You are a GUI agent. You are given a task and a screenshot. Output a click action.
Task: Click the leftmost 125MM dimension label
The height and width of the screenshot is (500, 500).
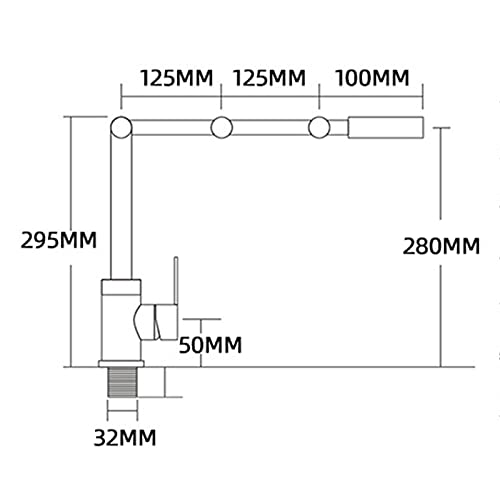point(176,78)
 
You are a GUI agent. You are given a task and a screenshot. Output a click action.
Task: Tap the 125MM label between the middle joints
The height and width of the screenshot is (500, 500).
point(269,78)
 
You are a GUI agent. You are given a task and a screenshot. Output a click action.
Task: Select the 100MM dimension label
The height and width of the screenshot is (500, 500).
point(372,78)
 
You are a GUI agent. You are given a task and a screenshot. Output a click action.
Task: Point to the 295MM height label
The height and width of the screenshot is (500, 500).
point(59,240)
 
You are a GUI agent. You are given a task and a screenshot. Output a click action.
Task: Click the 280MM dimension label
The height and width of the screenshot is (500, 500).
point(441,246)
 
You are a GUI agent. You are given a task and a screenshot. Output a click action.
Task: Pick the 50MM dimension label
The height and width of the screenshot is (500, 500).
point(210,345)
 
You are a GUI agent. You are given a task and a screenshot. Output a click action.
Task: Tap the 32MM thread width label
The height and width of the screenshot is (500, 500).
point(125,438)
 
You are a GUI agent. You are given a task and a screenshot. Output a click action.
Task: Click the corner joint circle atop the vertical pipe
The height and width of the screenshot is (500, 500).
point(121,127)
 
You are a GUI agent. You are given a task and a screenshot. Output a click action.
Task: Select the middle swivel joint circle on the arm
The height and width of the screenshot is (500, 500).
point(222,127)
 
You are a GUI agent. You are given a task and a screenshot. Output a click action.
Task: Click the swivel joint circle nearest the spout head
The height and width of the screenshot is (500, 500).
point(319,127)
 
